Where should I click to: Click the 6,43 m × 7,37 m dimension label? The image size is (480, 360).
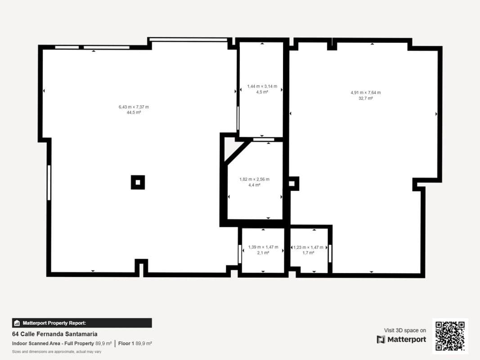(x=134, y=107)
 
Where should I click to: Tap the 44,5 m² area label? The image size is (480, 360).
(x=134, y=112)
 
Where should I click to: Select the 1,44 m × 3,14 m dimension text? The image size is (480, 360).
(x=262, y=86)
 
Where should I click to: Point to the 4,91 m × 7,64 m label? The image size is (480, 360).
(x=365, y=92)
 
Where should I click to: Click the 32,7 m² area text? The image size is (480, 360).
(x=365, y=98)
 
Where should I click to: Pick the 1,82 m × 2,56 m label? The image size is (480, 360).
(x=254, y=179)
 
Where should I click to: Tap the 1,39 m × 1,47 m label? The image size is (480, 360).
(x=263, y=247)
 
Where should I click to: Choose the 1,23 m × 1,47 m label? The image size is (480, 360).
(x=308, y=247)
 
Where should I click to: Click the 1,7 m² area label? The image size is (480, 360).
(x=308, y=253)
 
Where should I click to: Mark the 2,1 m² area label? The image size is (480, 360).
(x=263, y=253)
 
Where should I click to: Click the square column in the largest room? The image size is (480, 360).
(x=138, y=182)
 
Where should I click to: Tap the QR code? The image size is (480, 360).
(x=450, y=336)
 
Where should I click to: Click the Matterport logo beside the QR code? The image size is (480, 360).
(x=401, y=339)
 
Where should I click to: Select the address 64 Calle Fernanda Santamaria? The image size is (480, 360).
(x=55, y=334)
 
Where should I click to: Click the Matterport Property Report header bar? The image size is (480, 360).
(x=82, y=323)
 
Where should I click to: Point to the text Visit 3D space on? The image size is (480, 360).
(x=405, y=330)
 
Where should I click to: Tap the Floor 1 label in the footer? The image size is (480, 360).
(x=126, y=343)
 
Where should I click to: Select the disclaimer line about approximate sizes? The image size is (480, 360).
(x=57, y=352)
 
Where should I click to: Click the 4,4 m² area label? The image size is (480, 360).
(x=254, y=185)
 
